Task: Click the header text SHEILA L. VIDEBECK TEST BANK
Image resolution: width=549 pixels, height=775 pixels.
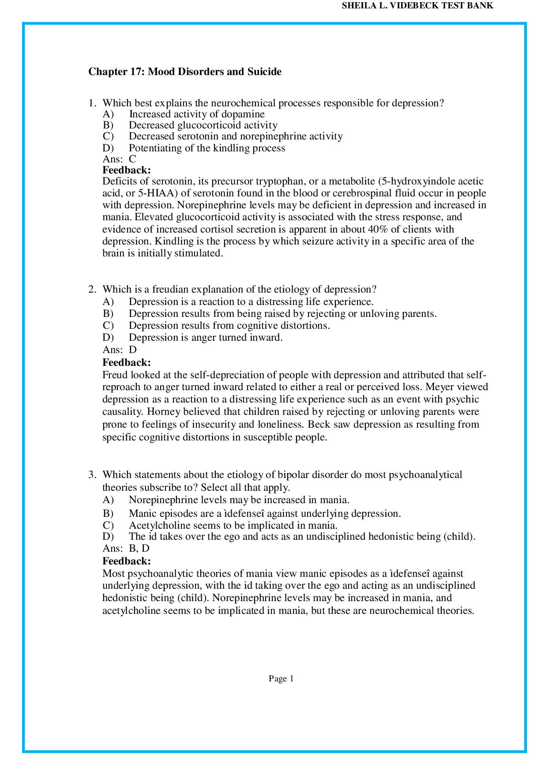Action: coord(417,6)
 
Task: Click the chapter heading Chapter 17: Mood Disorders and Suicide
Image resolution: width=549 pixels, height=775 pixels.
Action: coord(184,71)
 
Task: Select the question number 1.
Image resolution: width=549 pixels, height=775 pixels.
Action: coord(91,103)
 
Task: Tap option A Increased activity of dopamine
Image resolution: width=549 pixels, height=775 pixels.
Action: coord(196,114)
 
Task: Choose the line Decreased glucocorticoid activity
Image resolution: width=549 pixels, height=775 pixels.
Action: coord(203,125)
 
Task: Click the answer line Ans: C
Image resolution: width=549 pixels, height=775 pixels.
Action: coord(119,159)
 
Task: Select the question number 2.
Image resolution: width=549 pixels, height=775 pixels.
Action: coord(91,290)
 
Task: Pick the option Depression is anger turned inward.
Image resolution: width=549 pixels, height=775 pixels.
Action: coord(205,338)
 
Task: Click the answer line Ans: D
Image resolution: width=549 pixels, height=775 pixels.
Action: coord(120,350)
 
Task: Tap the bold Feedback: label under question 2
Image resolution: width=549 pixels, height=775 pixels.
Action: coord(127,362)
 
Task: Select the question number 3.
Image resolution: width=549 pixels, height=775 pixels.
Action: coord(91,475)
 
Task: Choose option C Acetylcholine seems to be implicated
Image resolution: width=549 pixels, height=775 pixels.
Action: coord(233,526)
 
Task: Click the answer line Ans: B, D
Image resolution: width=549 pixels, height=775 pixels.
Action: coord(126,549)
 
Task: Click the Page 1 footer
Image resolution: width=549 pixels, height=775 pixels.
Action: coord(281,679)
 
